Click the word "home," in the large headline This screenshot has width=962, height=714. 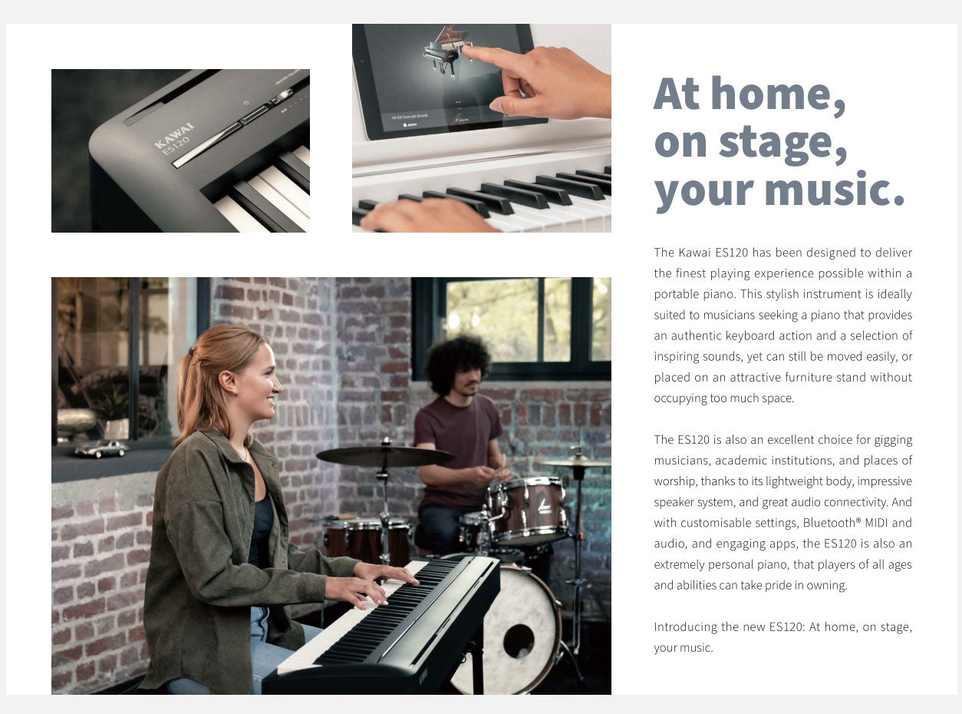[x=778, y=94]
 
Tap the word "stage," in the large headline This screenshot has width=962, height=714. [x=783, y=144]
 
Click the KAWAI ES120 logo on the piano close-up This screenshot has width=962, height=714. [x=174, y=138]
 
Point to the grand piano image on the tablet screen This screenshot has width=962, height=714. [x=446, y=52]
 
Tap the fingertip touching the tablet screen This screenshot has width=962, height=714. [x=467, y=50]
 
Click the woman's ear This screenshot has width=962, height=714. [x=228, y=383]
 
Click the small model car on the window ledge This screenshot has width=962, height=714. [x=101, y=448]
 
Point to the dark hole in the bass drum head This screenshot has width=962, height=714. [x=519, y=642]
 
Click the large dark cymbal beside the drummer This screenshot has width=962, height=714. [x=384, y=456]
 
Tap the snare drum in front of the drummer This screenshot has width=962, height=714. [x=527, y=510]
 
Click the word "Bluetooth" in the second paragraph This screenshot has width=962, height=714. [x=829, y=523]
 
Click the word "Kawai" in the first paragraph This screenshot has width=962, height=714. [x=694, y=253]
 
